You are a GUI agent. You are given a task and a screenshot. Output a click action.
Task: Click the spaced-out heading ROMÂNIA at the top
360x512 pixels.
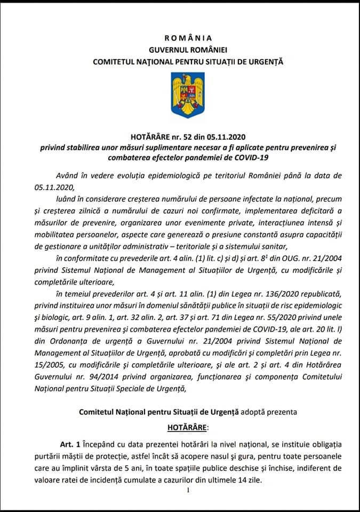point(188,37)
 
